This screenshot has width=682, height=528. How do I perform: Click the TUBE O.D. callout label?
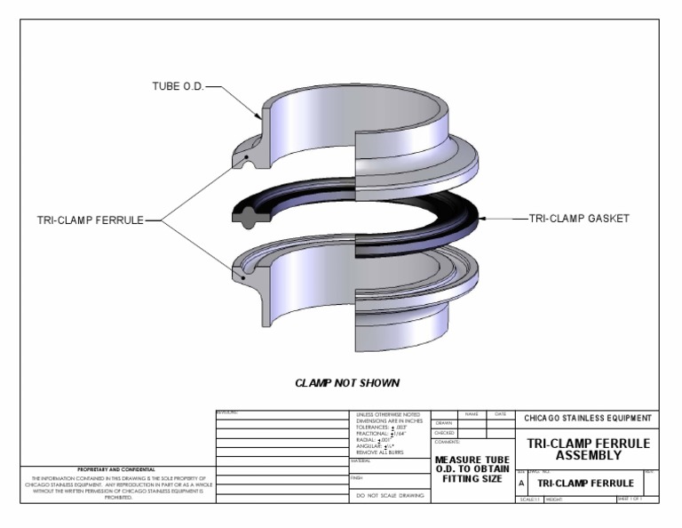[x=178, y=87]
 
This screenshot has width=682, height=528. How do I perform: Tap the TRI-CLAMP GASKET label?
[x=579, y=218]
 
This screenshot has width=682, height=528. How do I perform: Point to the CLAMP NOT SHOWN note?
[x=347, y=383]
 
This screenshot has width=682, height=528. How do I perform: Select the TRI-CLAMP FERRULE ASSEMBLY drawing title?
[x=589, y=449]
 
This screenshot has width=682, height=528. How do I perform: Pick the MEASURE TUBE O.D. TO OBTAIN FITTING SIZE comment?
[x=472, y=469]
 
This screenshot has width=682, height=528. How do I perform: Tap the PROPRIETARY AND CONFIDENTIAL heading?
[x=116, y=468]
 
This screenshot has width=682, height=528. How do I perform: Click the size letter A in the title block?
[x=521, y=483]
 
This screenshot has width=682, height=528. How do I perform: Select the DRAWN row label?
[x=444, y=423]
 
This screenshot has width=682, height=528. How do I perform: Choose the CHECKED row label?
[x=445, y=433]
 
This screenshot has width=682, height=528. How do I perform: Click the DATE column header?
[x=500, y=413]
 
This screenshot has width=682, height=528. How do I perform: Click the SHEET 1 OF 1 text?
[x=634, y=499]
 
